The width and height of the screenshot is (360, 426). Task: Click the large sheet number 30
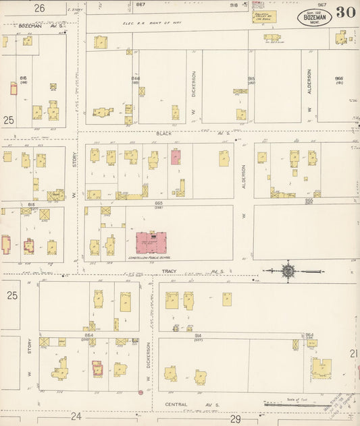[345, 12]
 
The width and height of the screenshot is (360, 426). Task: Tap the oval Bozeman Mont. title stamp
[315, 17]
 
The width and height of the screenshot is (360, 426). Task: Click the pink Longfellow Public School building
[151, 243]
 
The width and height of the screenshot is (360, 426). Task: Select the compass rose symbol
[288, 271]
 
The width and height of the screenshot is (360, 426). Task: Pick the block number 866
[135, 78]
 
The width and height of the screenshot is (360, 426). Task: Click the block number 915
[251, 78]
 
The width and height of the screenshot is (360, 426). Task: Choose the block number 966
[338, 78]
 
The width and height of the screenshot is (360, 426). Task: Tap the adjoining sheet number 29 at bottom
[235, 419]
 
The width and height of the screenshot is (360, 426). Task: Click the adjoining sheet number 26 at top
[39, 8]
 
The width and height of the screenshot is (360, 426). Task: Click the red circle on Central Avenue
[140, 392]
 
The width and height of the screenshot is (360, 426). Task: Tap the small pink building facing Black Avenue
[176, 157]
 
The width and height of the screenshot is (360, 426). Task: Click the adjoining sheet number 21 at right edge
[353, 353]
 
